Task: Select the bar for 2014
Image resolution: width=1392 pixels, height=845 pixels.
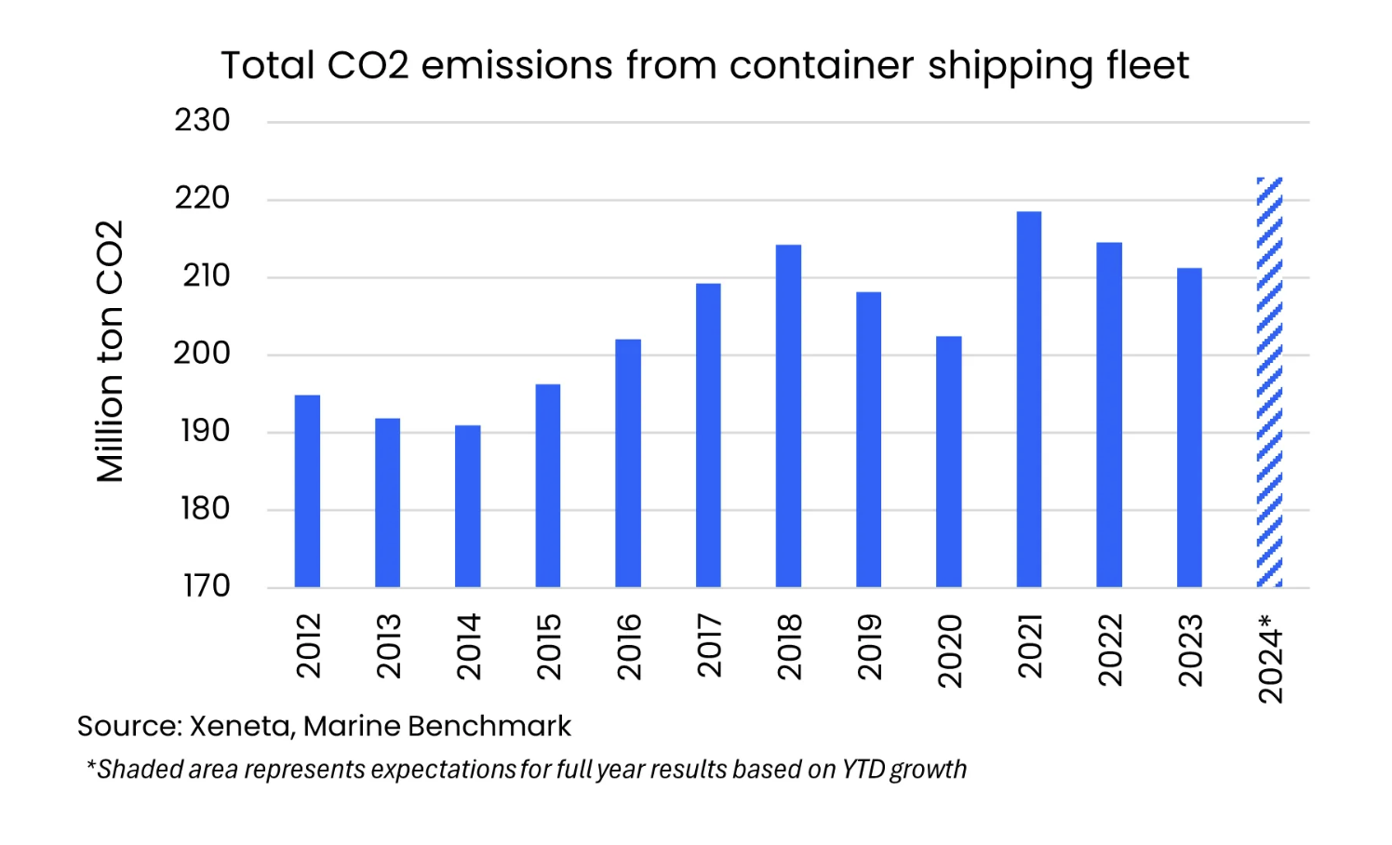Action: coord(468,506)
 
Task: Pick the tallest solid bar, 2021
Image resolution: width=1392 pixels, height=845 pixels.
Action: coord(1029,399)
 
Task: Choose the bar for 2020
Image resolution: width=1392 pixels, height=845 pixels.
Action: coord(948,462)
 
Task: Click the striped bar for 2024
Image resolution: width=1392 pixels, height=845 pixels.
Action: coord(1269,382)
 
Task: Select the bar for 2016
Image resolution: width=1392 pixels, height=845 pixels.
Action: coord(628,463)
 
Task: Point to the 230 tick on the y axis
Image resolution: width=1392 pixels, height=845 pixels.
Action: coord(202,121)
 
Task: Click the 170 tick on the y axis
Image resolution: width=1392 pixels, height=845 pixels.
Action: coord(206,586)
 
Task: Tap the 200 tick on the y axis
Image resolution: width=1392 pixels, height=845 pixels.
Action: coord(202,354)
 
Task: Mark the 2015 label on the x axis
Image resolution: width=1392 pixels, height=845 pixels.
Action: coord(549,647)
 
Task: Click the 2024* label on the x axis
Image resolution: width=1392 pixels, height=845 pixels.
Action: coord(1270,658)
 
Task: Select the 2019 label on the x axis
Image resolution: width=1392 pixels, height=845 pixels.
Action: coord(869,647)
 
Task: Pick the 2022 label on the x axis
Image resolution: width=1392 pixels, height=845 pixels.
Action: coord(1110,650)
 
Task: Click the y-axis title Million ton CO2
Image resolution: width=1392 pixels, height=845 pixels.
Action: coord(110,352)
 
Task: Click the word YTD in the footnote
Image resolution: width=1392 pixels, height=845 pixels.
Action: coord(863,770)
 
